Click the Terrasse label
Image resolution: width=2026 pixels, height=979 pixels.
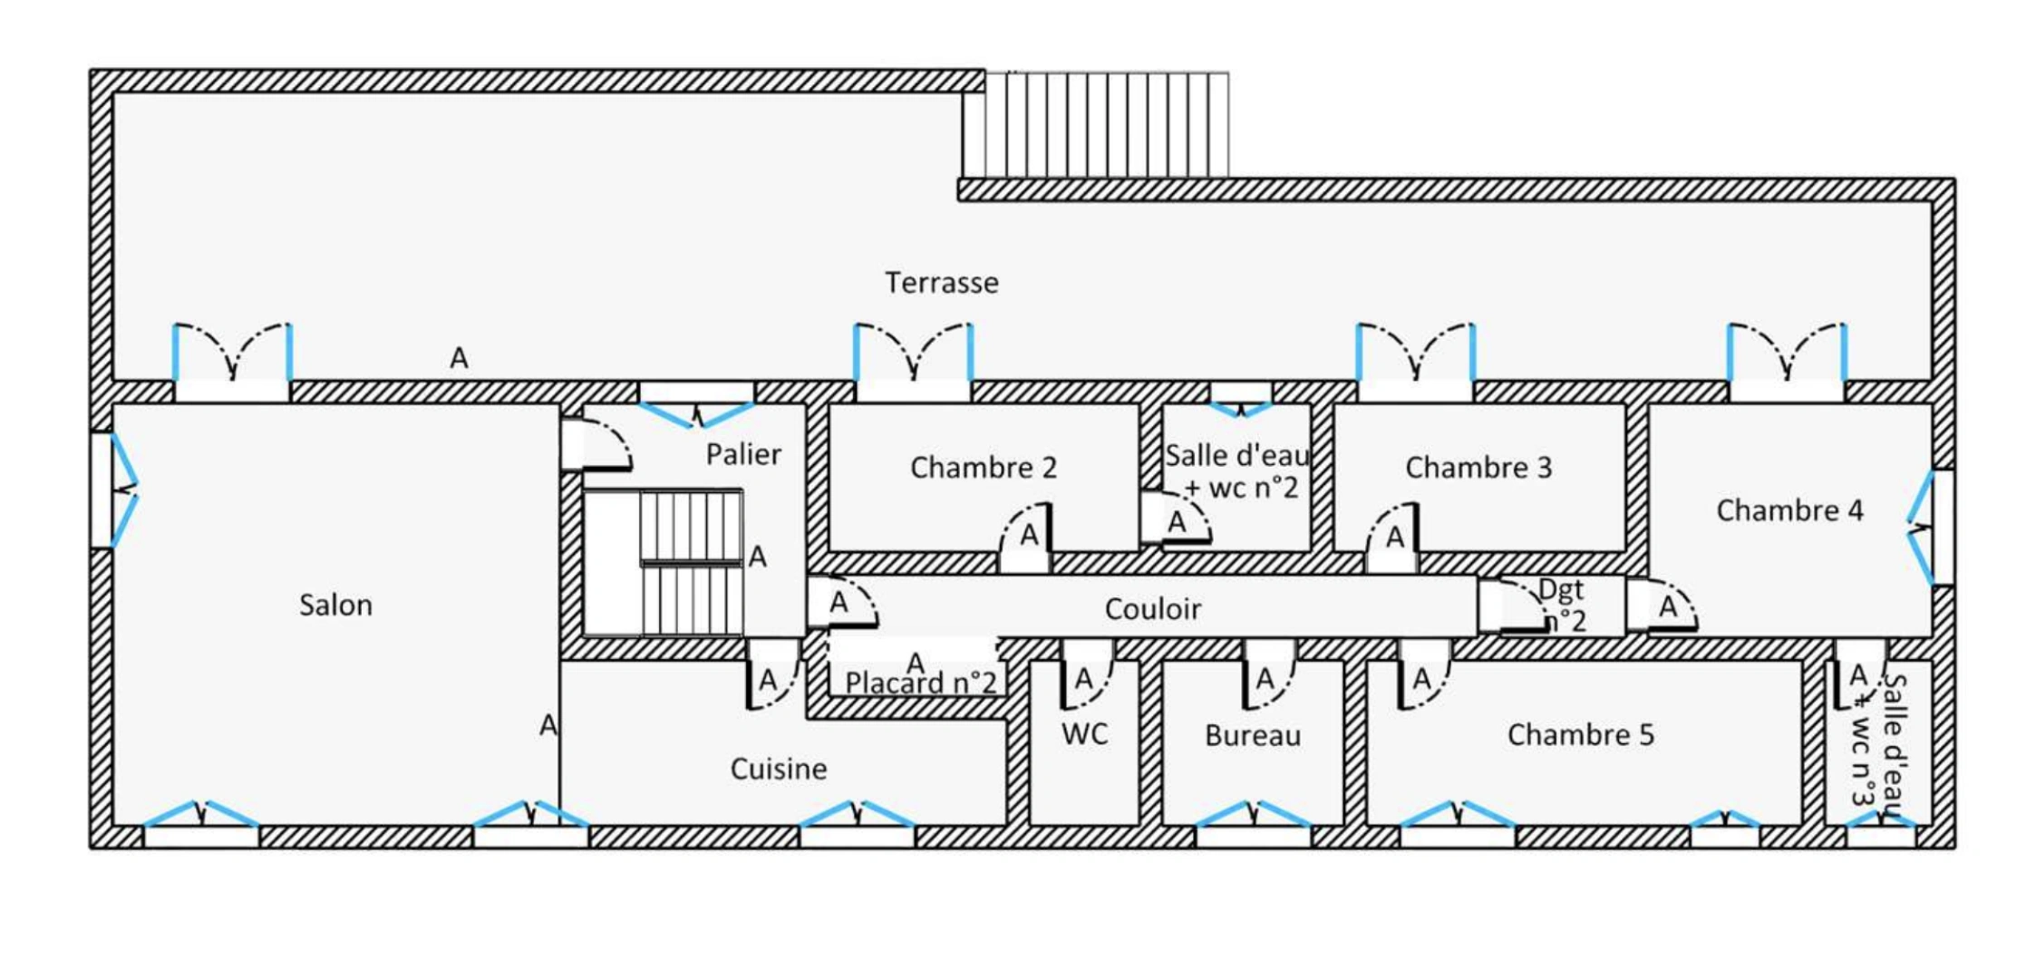(942, 283)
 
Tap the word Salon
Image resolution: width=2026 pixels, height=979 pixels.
(335, 605)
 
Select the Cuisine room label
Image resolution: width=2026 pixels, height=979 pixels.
(779, 769)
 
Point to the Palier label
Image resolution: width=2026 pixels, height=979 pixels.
(743, 453)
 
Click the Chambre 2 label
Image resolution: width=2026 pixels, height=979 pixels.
(984, 467)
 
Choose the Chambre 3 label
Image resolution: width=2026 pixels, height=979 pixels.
(1478, 467)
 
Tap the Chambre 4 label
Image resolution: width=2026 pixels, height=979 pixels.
(1789, 510)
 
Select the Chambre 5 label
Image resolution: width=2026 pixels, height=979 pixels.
(1580, 734)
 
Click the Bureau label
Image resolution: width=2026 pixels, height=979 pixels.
(1253, 735)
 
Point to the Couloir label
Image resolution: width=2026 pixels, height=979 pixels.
(1152, 609)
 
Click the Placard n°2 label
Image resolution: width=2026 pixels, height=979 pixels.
(921, 683)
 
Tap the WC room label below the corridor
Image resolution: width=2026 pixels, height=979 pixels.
(1084, 733)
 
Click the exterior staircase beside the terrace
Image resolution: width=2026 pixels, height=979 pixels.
(1096, 125)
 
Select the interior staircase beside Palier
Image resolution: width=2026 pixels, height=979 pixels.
(691, 563)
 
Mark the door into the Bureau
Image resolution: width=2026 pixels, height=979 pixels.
(1269, 675)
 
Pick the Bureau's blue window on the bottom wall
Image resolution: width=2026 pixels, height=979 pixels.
(1253, 813)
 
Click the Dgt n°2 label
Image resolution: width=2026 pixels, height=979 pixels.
(1563, 606)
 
